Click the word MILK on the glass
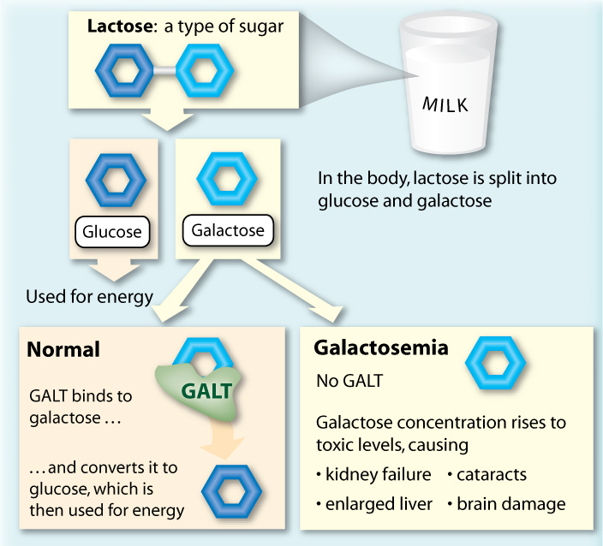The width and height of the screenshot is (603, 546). click(x=445, y=105)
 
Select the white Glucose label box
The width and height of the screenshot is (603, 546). click(x=112, y=232)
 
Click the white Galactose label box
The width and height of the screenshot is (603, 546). click(x=228, y=230)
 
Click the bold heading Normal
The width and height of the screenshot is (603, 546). click(x=63, y=349)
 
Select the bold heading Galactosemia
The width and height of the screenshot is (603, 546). click(x=381, y=347)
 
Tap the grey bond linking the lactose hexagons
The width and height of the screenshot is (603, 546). click(x=165, y=71)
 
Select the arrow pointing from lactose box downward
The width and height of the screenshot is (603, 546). click(x=167, y=119)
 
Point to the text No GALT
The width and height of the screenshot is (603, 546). click(x=349, y=381)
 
